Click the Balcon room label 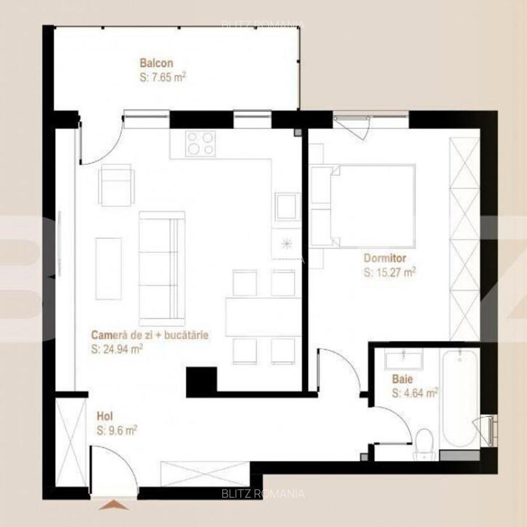click(156, 63)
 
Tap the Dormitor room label click(385, 258)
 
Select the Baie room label click(402, 379)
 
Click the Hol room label click(105, 416)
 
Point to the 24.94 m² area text click(117, 349)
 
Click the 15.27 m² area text click(390, 272)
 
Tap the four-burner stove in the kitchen click(201, 143)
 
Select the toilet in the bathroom click(424, 443)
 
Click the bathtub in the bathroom click(460, 398)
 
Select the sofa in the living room click(162, 269)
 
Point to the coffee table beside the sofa click(109, 269)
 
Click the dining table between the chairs click(263, 317)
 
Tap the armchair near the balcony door click(116, 184)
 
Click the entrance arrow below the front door click(113, 505)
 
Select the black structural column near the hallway click(202, 382)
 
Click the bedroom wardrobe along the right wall click(464, 238)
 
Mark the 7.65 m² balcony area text click(163, 77)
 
